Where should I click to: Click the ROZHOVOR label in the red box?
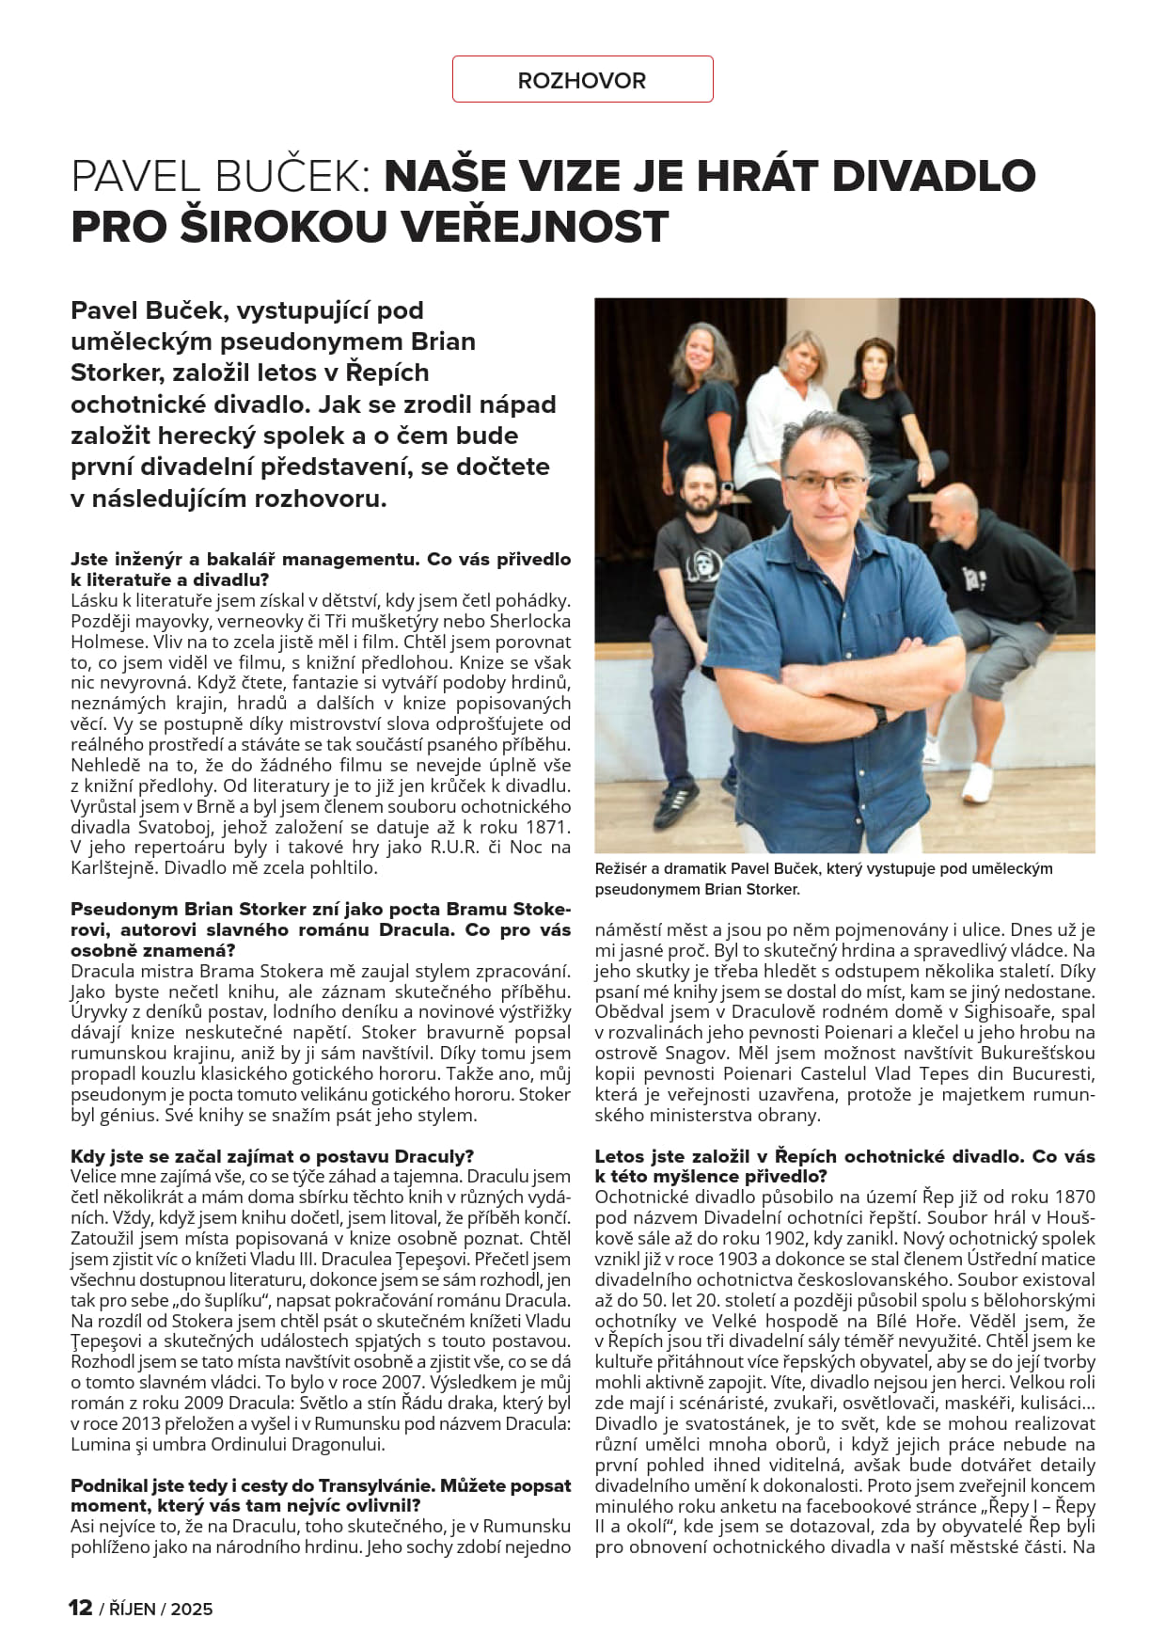pos(581,81)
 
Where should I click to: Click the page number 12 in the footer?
pos(80,1608)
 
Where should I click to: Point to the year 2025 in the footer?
pos(192,1609)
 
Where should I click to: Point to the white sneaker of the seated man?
pos(977,781)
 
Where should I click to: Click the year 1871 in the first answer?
pos(548,827)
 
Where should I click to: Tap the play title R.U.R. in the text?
pos(458,848)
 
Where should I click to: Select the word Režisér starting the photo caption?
pos(624,868)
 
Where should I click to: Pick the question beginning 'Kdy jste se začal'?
pos(273,1156)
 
